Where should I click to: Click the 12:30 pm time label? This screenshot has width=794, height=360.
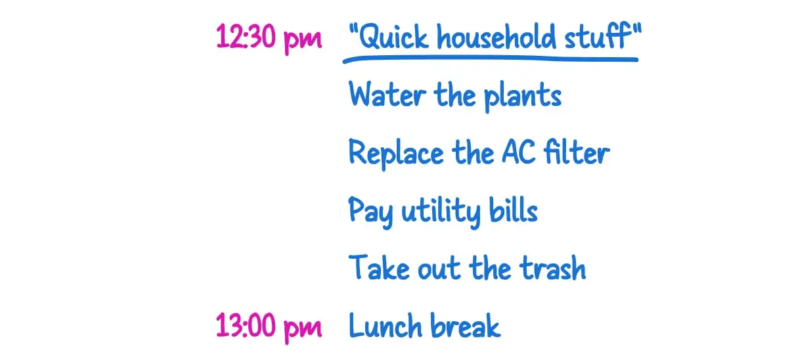269,38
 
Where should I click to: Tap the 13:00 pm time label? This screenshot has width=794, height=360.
269,326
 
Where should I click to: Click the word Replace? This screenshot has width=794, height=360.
396,154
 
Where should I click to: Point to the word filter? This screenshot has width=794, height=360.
577,153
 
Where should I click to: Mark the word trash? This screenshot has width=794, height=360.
552,268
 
